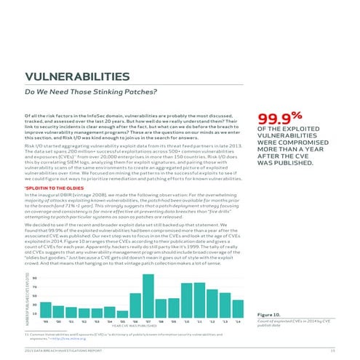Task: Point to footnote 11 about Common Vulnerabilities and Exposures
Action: click(x=109, y=335)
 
